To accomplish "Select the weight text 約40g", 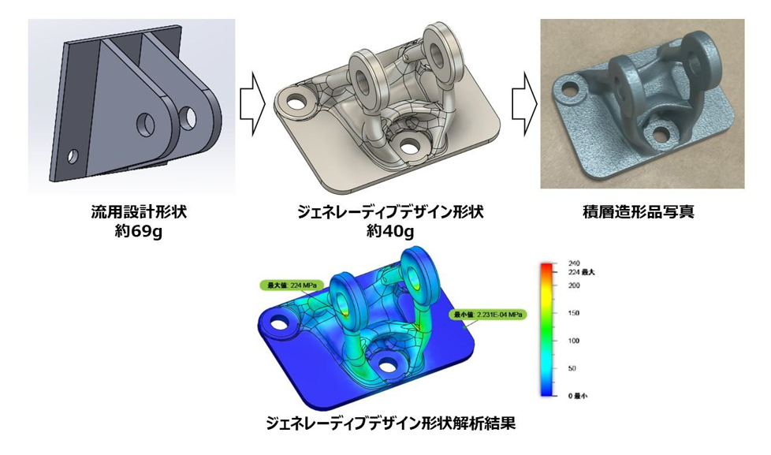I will pos(386,231).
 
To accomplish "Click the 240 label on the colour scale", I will pos(574,263).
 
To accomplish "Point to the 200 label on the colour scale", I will pos(574,285).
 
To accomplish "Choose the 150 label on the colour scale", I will pos(574,313).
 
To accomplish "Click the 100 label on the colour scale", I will pos(574,341).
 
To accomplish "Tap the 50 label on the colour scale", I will pos(572,367).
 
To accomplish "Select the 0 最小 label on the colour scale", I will pos(579,395).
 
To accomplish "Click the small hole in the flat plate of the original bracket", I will pos(73,156).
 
